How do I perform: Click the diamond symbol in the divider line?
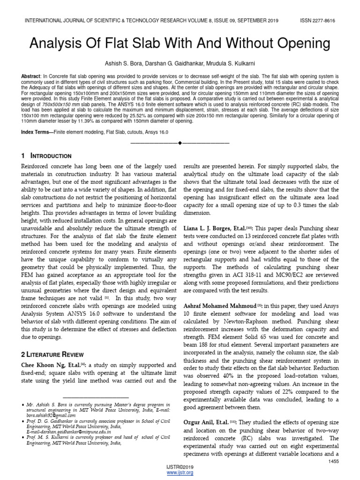[x=180, y=142]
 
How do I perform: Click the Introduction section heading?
[x=51, y=156]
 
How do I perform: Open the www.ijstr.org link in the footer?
[x=180, y=472]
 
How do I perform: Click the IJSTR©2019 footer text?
[x=180, y=467]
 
